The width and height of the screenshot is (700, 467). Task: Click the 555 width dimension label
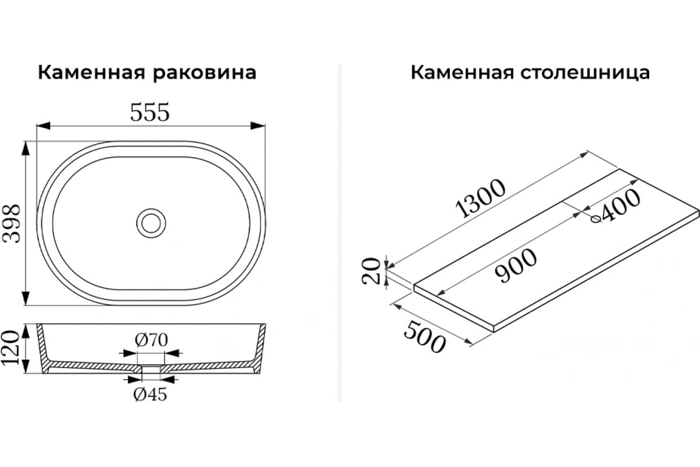(150, 112)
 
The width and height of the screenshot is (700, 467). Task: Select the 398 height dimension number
(11, 224)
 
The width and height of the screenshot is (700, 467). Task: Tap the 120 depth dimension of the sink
(10, 348)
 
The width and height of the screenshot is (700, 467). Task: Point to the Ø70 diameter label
(151, 340)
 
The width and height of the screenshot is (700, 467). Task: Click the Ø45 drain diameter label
(150, 395)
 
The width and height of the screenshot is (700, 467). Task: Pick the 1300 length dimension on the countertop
(480, 198)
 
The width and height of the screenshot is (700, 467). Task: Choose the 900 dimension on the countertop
(516, 266)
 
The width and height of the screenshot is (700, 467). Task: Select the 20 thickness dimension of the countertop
(371, 271)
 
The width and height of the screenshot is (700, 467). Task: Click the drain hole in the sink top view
(151, 224)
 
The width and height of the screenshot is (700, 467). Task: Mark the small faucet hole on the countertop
(596, 219)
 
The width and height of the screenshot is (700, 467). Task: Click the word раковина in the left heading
(205, 74)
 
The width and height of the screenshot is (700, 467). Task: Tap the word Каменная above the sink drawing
(92, 73)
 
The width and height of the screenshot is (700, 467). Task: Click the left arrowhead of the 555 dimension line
(43, 126)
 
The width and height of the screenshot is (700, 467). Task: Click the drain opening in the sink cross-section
(151, 368)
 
